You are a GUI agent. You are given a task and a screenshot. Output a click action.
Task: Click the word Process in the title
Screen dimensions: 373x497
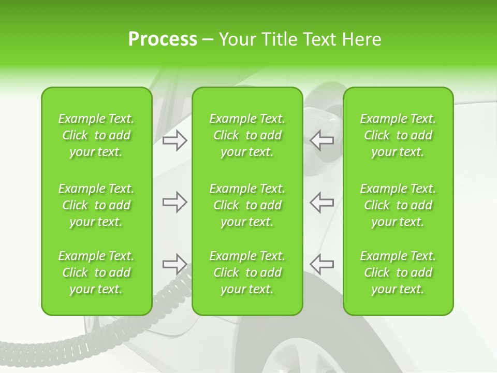(163, 39)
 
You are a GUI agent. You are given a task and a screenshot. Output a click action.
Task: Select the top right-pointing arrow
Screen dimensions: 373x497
(174, 140)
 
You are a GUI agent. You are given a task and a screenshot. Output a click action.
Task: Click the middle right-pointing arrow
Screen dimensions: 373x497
(174, 202)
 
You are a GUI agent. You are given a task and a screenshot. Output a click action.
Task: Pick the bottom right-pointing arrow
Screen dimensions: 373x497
(174, 264)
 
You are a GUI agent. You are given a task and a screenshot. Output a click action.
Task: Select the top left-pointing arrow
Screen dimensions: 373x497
(322, 140)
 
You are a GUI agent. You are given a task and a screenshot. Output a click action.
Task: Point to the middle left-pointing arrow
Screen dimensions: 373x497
(322, 202)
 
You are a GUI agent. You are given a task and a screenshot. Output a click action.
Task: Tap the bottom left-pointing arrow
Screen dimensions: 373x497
(322, 264)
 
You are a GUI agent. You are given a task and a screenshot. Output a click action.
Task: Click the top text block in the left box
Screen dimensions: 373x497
(96, 135)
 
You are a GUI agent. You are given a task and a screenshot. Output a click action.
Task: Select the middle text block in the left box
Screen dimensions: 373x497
(96, 205)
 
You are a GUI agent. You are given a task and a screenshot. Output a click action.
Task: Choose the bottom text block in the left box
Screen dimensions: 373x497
(96, 272)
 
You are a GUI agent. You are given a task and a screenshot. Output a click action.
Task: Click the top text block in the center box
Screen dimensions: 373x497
(247, 135)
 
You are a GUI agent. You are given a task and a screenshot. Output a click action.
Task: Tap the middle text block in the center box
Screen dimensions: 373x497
(247, 205)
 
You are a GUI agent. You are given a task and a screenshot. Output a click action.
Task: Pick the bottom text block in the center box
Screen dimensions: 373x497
(247, 272)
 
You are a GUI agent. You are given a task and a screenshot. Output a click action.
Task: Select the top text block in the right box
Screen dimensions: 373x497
(398, 135)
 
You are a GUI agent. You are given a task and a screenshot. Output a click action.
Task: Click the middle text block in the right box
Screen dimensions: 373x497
(398, 205)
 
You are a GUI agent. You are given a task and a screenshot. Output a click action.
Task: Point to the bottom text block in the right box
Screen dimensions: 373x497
(398, 272)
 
